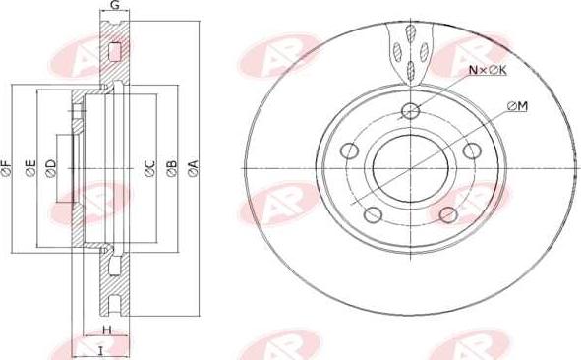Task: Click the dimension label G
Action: click(x=115, y=6)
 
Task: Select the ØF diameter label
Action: click(x=7, y=169)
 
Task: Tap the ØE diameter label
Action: click(x=29, y=169)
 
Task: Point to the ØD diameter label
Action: click(x=51, y=169)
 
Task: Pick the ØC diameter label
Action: click(x=149, y=169)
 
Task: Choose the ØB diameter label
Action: click(x=171, y=169)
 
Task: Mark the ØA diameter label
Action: click(x=193, y=169)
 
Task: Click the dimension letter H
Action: click(x=106, y=330)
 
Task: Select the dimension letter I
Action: click(x=99, y=348)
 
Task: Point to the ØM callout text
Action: click(x=518, y=105)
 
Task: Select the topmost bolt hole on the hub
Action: click(x=412, y=110)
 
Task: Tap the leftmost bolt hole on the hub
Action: click(x=349, y=151)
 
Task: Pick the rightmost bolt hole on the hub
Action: click(x=471, y=150)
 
